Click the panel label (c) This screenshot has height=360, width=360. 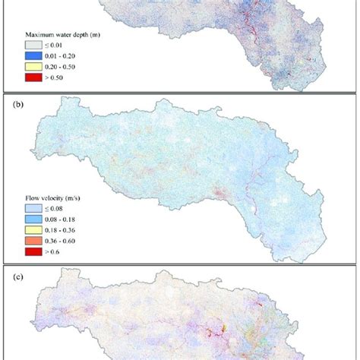16,276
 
